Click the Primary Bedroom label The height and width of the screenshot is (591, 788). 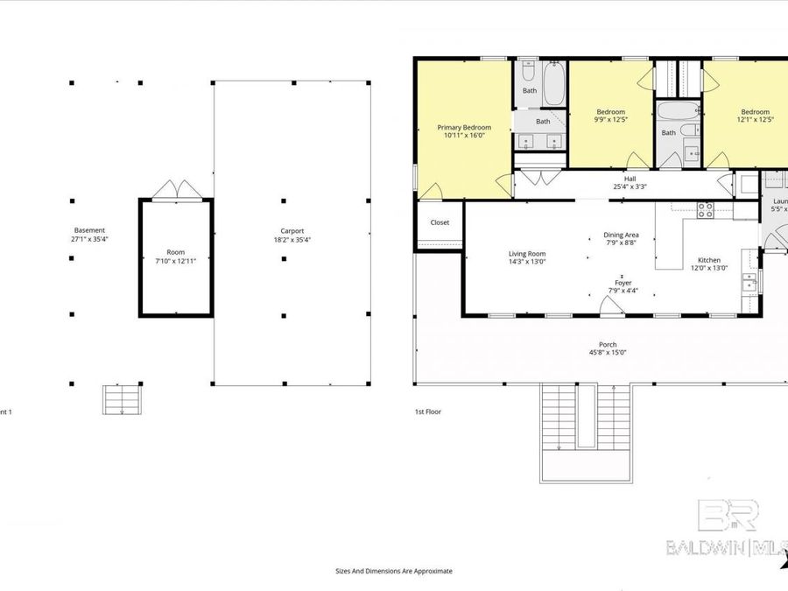[464, 127]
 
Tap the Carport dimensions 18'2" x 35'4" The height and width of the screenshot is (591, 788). [292, 239]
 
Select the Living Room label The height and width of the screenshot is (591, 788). [527, 254]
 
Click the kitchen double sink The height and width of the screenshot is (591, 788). [749, 281]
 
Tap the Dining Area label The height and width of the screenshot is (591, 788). [621, 235]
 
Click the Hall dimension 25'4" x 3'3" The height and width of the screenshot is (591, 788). [630, 186]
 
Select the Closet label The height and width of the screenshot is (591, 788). [440, 222]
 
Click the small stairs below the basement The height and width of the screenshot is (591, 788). [122, 399]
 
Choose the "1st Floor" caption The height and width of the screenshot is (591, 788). [427, 411]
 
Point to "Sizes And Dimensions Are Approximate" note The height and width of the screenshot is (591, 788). [394, 571]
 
